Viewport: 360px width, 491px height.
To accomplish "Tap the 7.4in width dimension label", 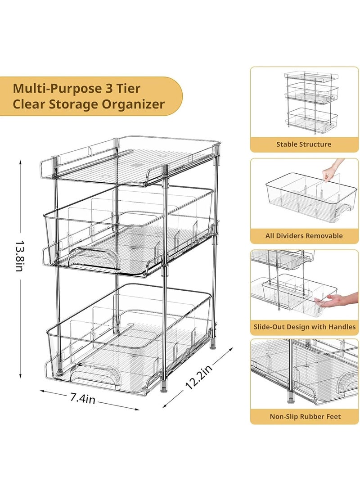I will pyautogui.click(x=81, y=398).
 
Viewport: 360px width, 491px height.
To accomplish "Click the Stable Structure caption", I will pyautogui.click(x=304, y=144).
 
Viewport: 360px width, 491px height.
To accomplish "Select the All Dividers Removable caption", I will pyautogui.click(x=304, y=235).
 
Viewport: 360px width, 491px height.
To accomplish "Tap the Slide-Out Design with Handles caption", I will pyautogui.click(x=304, y=327).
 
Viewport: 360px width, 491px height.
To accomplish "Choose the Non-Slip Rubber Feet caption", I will pyautogui.click(x=304, y=416).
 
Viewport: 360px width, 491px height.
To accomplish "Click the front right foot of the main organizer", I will pyautogui.click(x=165, y=387).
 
